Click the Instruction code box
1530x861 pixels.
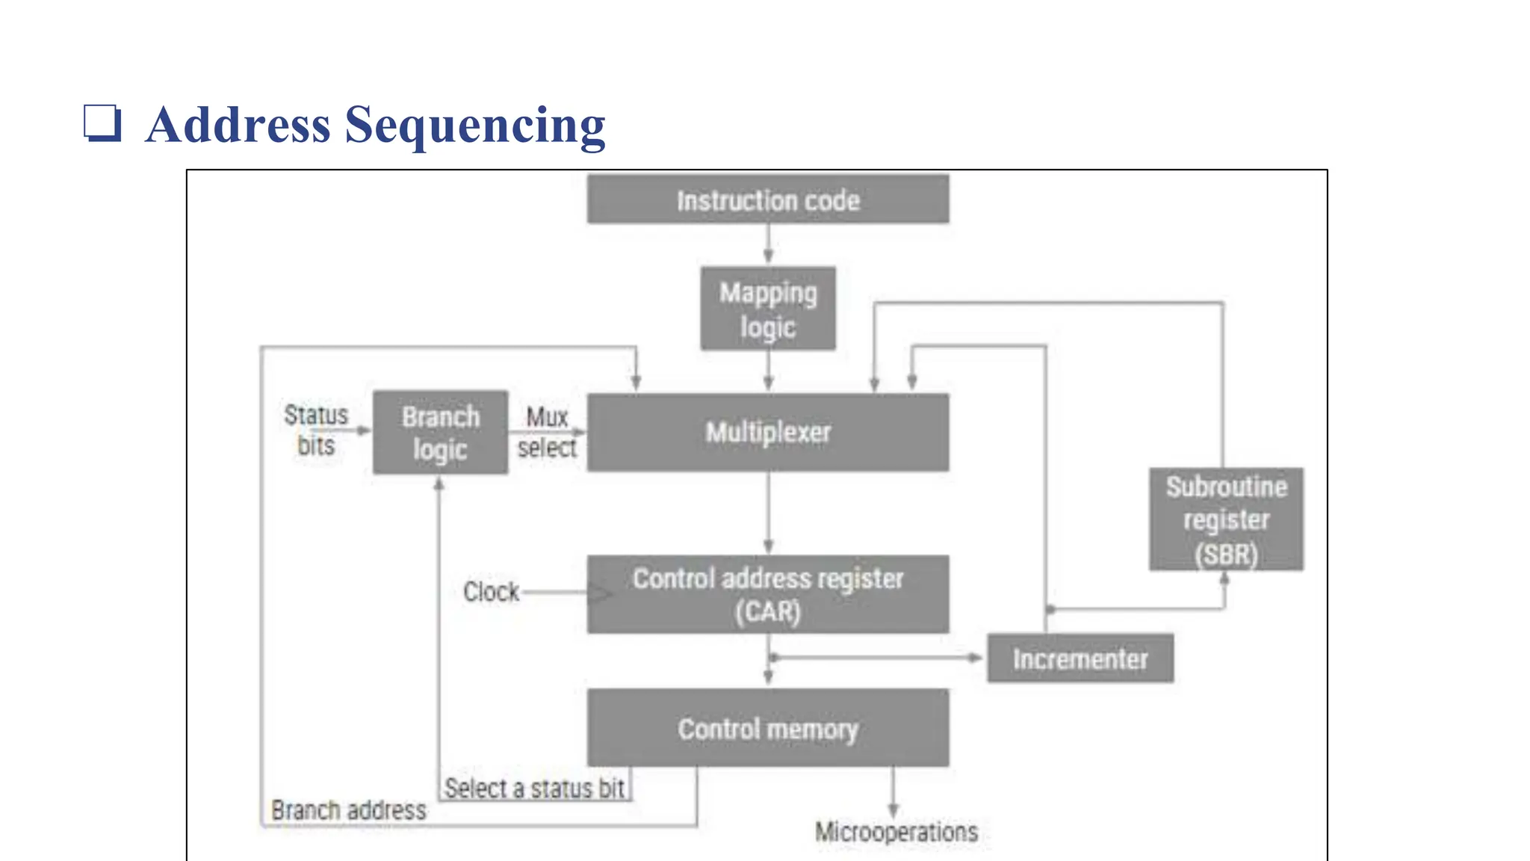click(768, 200)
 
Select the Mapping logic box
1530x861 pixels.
click(768, 309)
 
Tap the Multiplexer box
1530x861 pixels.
click(768, 433)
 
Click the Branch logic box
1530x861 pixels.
click(441, 433)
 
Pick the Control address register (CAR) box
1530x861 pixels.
click(768, 595)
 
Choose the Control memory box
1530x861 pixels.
click(768, 728)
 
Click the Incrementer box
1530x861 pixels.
click(1080, 658)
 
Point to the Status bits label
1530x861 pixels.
click(316, 430)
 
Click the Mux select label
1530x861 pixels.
click(547, 432)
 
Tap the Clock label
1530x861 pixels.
click(491, 592)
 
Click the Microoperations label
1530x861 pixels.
click(896, 832)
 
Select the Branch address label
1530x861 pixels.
click(349, 810)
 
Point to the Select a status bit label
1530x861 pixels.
click(534, 789)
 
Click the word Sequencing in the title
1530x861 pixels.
click(475, 125)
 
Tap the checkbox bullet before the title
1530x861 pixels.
click(102, 123)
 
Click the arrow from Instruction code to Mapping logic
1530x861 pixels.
click(768, 244)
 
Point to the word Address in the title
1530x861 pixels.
click(238, 125)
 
